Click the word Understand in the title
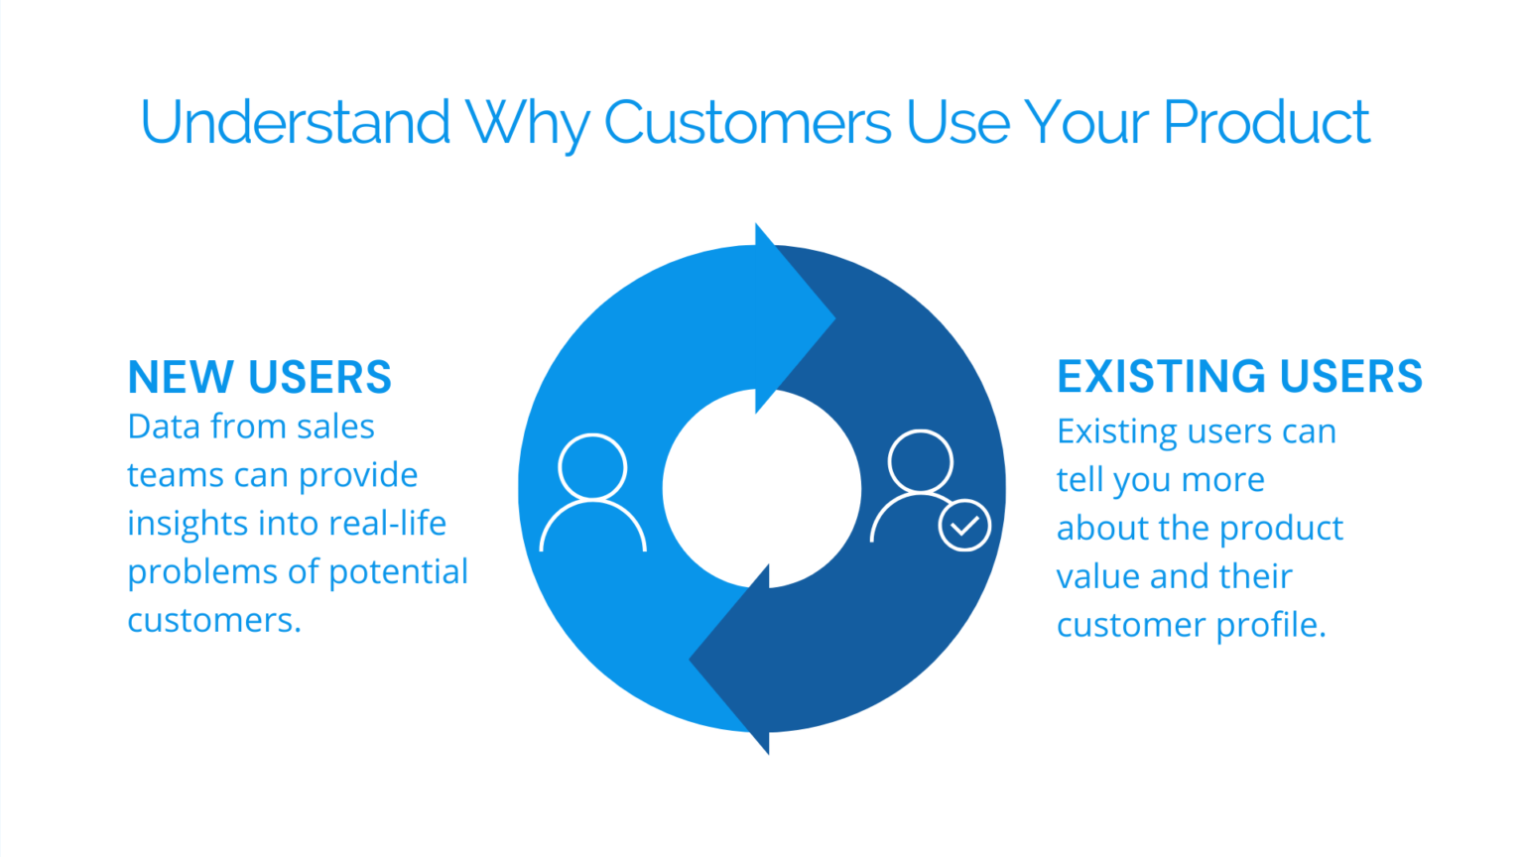(x=295, y=123)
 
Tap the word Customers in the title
(x=747, y=123)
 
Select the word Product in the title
(x=1266, y=123)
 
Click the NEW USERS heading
(x=260, y=378)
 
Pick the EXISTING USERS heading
(x=1239, y=377)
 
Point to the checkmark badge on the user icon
(x=964, y=526)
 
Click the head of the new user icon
(x=592, y=466)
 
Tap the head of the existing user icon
(x=920, y=461)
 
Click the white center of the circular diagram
(x=761, y=488)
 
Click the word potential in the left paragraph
(x=398, y=571)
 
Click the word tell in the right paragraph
(x=1079, y=479)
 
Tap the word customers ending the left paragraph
(x=213, y=620)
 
